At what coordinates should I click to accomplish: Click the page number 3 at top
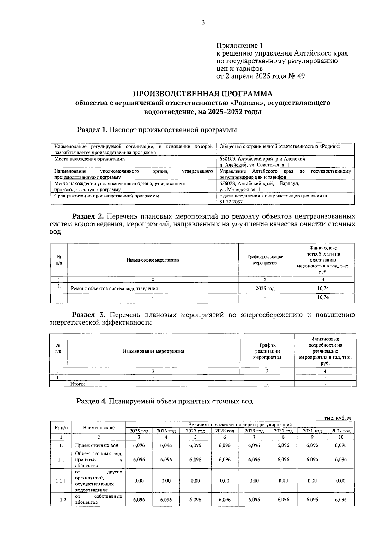pyautogui.click(x=203, y=22)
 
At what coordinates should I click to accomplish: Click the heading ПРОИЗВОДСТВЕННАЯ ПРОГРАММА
pyautogui.click(x=202, y=94)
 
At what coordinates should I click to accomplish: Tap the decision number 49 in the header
pyautogui.click(x=301, y=76)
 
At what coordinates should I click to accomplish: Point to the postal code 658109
pyautogui.click(x=227, y=159)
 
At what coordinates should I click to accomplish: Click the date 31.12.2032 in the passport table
pyautogui.click(x=231, y=202)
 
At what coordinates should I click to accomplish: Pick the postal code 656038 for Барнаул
pyautogui.click(x=227, y=184)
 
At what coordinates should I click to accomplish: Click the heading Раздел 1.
pyautogui.click(x=93, y=130)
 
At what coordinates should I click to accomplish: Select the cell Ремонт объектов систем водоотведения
pyautogui.click(x=114, y=288)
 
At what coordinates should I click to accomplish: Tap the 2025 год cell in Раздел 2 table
pyautogui.click(x=265, y=288)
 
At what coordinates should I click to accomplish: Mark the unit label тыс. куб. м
pyautogui.click(x=337, y=418)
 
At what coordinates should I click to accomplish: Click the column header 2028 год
pyautogui.click(x=225, y=431)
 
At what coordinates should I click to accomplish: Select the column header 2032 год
pyautogui.click(x=341, y=431)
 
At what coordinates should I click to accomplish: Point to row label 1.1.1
pyautogui.click(x=61, y=481)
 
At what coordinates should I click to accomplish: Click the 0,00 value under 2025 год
pyautogui.click(x=139, y=481)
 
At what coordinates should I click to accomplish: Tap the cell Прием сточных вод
pyautogui.click(x=97, y=445)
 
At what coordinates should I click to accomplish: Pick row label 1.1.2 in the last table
pyautogui.click(x=61, y=500)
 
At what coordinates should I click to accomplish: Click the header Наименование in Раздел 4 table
pyautogui.click(x=99, y=428)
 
